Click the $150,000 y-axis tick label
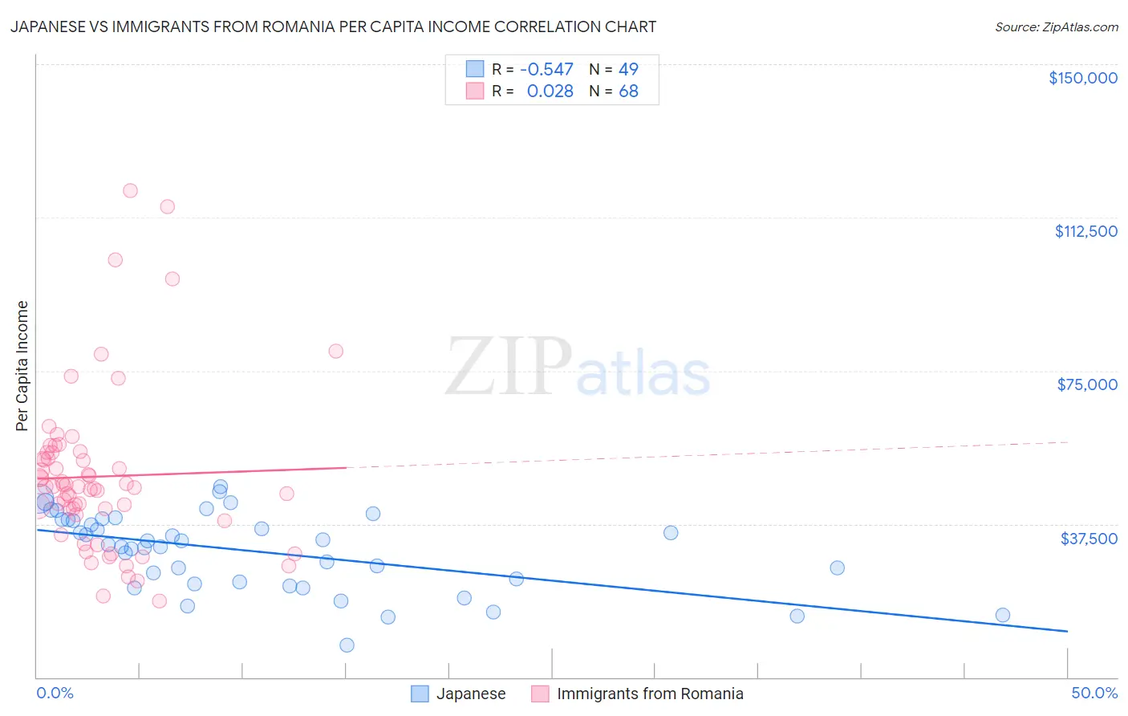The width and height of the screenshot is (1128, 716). coord(1082,78)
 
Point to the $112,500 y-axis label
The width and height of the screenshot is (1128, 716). coord(1085,231)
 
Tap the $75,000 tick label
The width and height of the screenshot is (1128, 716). coord(1087,384)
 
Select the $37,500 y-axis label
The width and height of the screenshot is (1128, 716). coord(1089,539)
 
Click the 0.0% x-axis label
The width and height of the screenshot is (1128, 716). coord(55,693)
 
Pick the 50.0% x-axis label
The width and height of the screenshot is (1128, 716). coord(1094,693)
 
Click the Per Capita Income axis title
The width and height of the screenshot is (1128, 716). coord(22,365)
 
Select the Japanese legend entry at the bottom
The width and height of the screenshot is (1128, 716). coord(470,694)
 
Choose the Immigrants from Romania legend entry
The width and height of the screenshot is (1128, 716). coord(650,694)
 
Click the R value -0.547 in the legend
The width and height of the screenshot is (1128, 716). coord(546,70)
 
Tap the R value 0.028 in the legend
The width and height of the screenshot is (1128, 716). coord(550,92)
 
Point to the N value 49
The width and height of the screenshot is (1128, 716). coord(628,70)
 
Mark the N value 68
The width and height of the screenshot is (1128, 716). coord(628,92)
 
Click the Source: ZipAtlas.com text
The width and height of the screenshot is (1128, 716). coord(1056,27)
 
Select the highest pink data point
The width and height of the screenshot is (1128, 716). coord(130,191)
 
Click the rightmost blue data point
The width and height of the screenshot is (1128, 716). coord(1002,615)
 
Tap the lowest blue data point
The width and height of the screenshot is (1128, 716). coord(347,645)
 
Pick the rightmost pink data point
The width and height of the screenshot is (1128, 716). coord(335,351)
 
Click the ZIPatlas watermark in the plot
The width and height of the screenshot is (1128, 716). coord(578,368)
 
